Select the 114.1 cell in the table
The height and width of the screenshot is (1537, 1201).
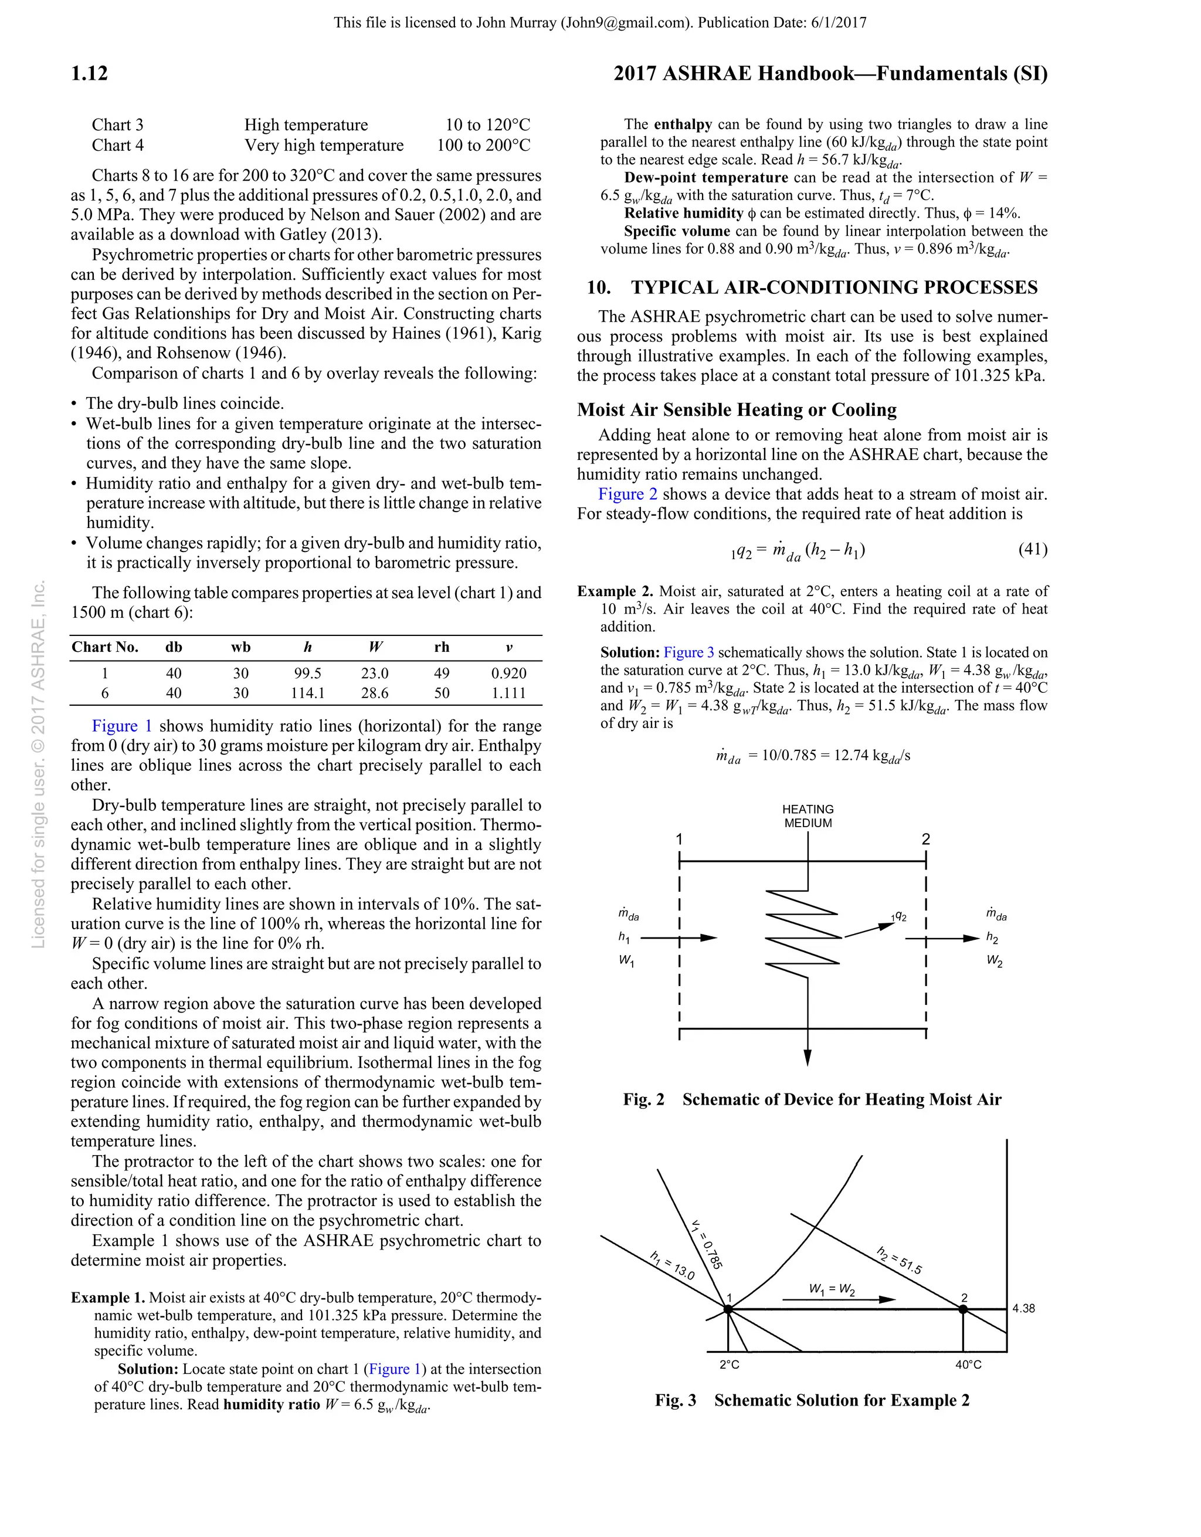click(x=307, y=693)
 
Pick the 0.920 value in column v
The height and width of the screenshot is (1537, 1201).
click(x=508, y=673)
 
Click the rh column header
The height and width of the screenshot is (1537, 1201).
click(x=441, y=648)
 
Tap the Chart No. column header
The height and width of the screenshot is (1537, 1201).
click(x=105, y=648)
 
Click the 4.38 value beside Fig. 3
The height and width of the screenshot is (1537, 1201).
click(x=1024, y=1309)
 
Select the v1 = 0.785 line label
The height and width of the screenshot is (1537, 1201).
click(x=707, y=1244)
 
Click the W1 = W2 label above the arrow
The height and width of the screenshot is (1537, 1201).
click(x=832, y=1290)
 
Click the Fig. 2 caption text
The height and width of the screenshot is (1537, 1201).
click(x=812, y=1100)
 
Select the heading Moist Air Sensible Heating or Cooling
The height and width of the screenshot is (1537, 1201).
click(x=737, y=409)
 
